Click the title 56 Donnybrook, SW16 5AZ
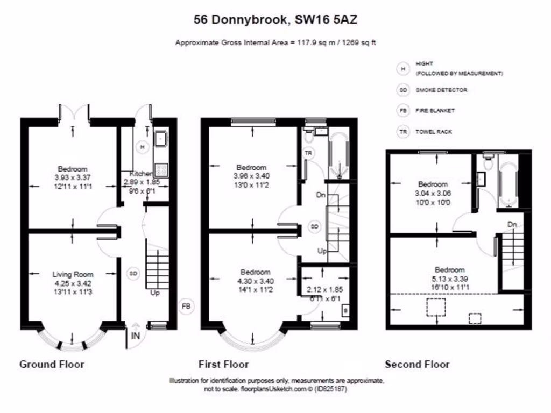click(275, 20)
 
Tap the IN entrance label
click(135, 337)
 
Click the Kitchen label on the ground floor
click(142, 174)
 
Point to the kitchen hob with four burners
click(161, 170)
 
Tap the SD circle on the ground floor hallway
click(132, 273)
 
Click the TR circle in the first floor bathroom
click(309, 153)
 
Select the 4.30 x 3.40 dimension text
click(255, 280)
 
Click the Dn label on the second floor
click(512, 224)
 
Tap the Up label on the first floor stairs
click(322, 251)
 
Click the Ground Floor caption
click(52, 364)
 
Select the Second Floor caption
click(417, 364)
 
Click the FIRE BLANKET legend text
click(435, 111)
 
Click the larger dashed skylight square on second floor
click(436, 307)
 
